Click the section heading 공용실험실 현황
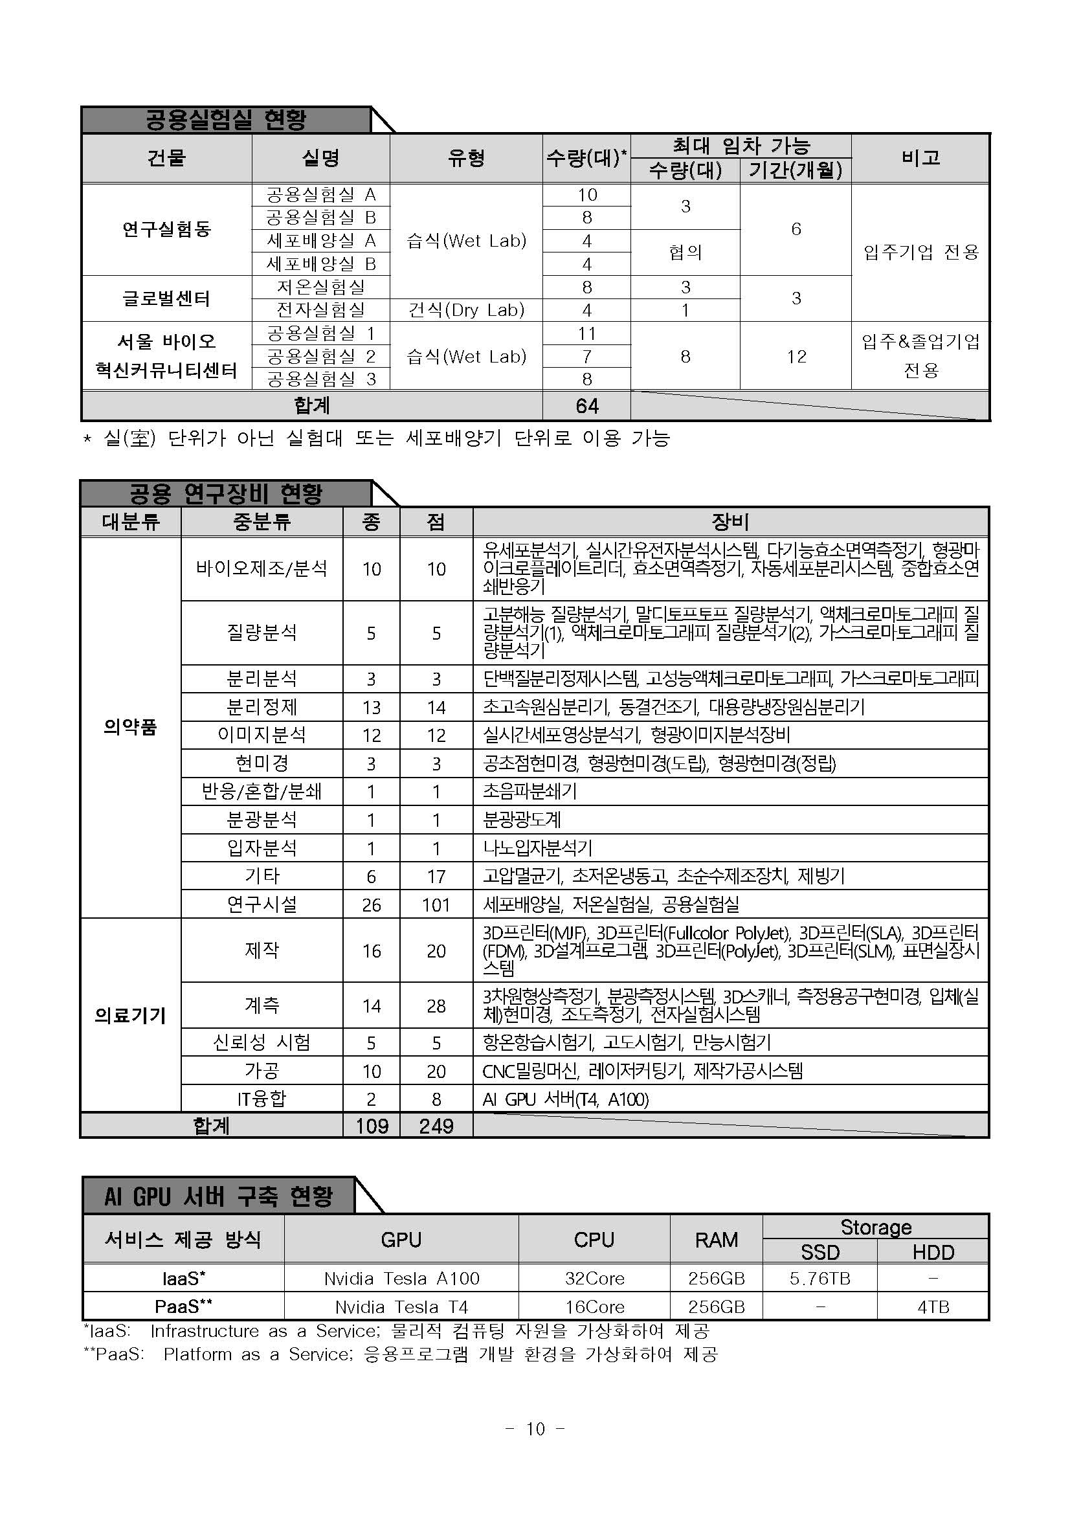225,120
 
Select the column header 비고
920,158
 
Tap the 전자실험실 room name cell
320,310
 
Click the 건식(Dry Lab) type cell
466,310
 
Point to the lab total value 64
586,406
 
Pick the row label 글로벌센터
166,298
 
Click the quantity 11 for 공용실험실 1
586,333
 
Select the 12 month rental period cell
796,357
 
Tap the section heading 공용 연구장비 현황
225,493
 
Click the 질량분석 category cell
262,633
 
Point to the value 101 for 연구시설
436,905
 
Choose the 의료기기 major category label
130,1016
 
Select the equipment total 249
436,1125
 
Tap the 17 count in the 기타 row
436,877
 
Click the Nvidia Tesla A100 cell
401,1279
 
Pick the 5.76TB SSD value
819,1279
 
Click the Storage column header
875,1227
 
